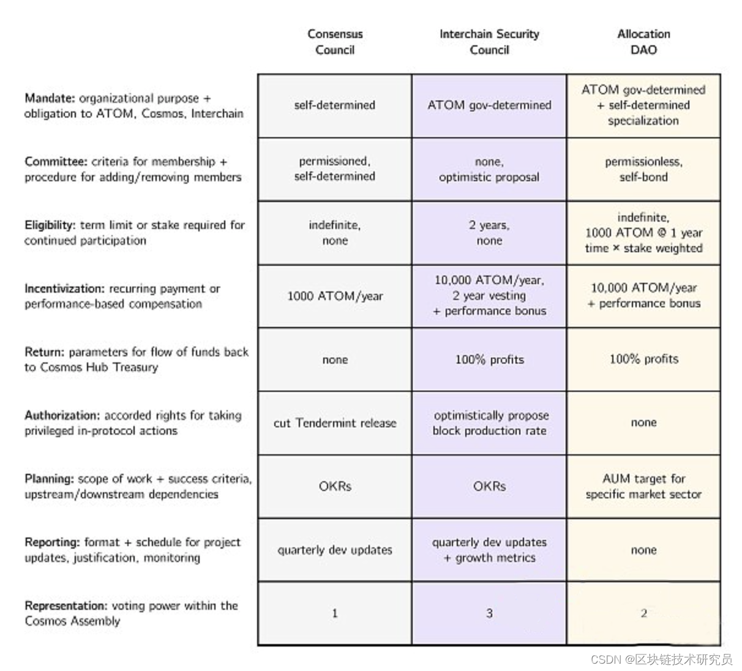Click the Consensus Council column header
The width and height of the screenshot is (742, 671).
click(x=335, y=42)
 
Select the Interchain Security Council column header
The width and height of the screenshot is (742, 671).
click(x=489, y=42)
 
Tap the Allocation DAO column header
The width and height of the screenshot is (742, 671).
click(x=643, y=42)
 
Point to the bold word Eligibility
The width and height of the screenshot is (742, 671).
click(x=51, y=225)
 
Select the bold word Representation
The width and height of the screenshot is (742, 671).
click(x=66, y=606)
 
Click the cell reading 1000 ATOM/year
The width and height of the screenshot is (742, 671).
click(x=335, y=296)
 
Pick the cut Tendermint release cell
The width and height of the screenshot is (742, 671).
click(x=335, y=423)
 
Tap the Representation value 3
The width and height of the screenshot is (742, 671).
click(x=489, y=613)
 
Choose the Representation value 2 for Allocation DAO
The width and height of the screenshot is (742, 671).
click(x=643, y=613)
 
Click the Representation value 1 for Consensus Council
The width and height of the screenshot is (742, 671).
click(x=335, y=613)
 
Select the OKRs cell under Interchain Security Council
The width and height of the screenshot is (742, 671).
click(x=489, y=487)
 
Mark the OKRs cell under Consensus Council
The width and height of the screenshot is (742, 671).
click(x=335, y=487)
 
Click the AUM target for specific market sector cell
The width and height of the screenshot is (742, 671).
click(x=643, y=487)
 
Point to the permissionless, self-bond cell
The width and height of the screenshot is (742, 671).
click(x=643, y=170)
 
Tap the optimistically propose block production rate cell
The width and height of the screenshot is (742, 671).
click(x=489, y=423)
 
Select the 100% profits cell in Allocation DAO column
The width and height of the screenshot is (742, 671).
click(x=643, y=359)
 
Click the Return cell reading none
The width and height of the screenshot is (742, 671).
click(x=335, y=360)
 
